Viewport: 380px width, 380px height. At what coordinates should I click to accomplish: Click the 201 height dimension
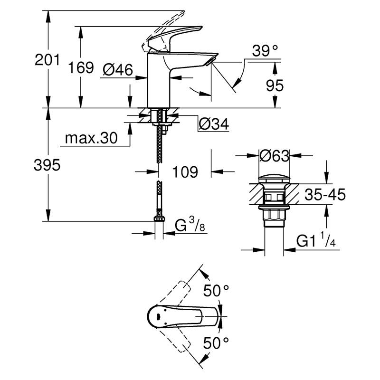pyautogui.click(x=47, y=60)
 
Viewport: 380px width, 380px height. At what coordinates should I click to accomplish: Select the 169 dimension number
pyautogui.click(x=81, y=67)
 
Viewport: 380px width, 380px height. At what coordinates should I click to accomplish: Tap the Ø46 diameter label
pyautogui.click(x=118, y=70)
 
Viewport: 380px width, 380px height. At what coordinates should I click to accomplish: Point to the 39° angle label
pyautogui.click(x=265, y=51)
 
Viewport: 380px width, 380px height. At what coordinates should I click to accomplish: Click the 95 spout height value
pyautogui.click(x=275, y=85)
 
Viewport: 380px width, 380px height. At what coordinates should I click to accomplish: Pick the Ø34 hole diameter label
pyautogui.click(x=214, y=124)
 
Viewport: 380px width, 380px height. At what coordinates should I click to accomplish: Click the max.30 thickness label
pyautogui.click(x=91, y=138)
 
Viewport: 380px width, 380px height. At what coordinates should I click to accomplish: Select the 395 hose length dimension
pyautogui.click(x=47, y=165)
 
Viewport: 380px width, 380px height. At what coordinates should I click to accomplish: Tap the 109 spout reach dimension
pyautogui.click(x=185, y=172)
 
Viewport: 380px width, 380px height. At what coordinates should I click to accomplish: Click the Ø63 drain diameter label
pyautogui.click(x=275, y=156)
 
